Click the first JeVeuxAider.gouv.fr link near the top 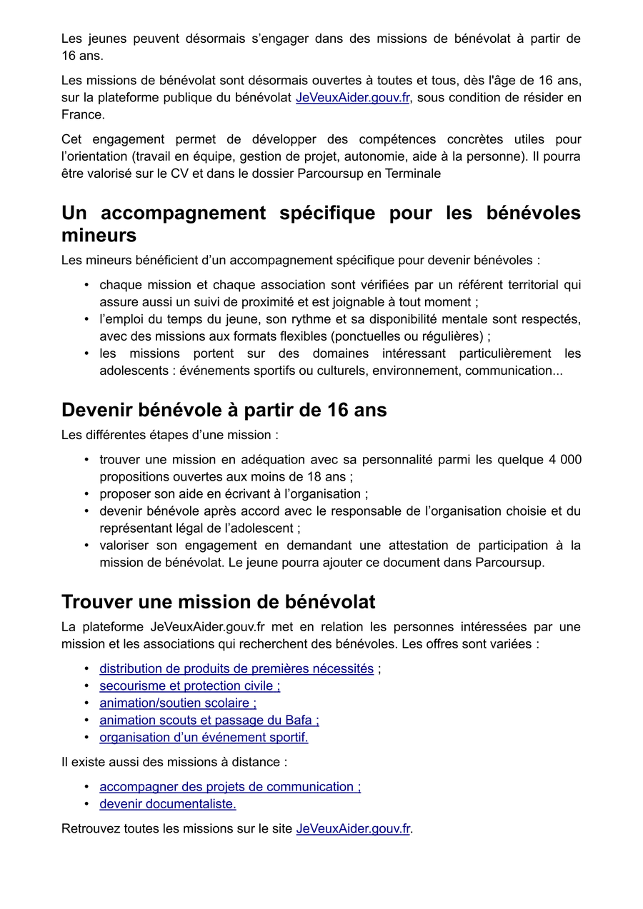[x=352, y=97]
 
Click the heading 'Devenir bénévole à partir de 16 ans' [x=224, y=410]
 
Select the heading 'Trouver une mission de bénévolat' [x=218, y=602]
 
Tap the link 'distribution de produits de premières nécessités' [x=236, y=668]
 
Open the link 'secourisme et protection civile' [x=189, y=685]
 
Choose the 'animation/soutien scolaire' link [x=178, y=703]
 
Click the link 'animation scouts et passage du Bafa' [x=209, y=720]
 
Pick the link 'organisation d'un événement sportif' [x=204, y=737]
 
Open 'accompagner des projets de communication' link [x=229, y=786]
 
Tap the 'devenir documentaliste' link [x=167, y=803]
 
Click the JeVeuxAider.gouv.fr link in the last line [x=353, y=828]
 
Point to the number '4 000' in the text [x=565, y=459]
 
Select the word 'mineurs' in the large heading [x=99, y=235]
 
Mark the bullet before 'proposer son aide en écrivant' [x=86, y=494]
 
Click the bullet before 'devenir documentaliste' [x=86, y=804]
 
